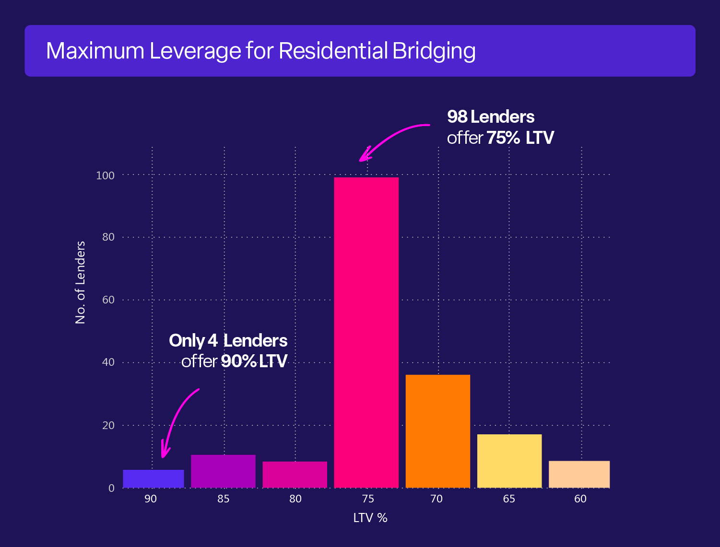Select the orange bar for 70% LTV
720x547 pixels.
click(437, 431)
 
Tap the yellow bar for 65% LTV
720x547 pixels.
click(509, 461)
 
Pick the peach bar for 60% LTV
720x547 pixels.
click(579, 474)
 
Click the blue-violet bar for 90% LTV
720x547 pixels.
click(153, 478)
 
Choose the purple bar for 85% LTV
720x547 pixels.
click(223, 471)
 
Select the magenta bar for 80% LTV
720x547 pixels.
click(295, 475)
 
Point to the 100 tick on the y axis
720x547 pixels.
click(106, 175)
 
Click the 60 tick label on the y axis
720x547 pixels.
click(108, 300)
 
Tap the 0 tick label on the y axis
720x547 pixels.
click(112, 488)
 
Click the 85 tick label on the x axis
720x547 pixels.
click(223, 499)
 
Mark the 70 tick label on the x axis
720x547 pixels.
click(437, 499)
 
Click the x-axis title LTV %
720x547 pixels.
click(370, 518)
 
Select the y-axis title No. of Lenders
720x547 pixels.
click(80, 282)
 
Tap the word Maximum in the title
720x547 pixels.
click(95, 51)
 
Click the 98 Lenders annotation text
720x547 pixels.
click(490, 117)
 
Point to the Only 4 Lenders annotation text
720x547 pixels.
click(228, 341)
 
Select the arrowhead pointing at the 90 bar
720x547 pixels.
click(165, 452)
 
